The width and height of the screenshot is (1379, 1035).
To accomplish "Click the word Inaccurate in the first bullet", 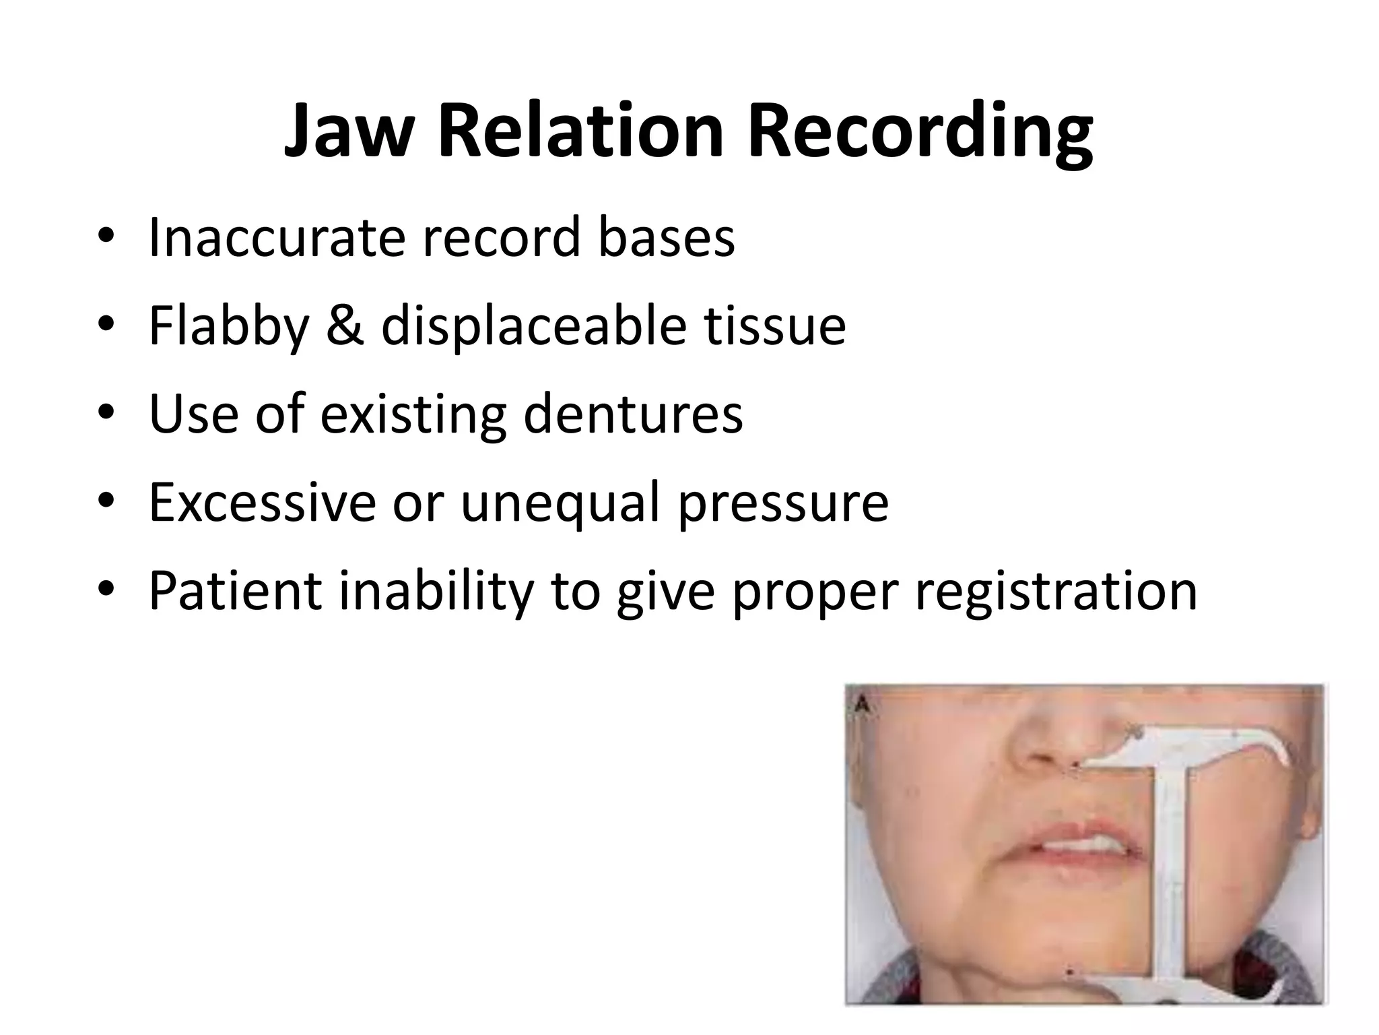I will click(276, 237).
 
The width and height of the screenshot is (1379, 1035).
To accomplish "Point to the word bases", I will click(667, 237).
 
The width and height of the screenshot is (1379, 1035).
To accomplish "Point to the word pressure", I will click(784, 504).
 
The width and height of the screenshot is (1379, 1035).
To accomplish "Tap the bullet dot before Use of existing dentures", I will click(106, 414).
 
